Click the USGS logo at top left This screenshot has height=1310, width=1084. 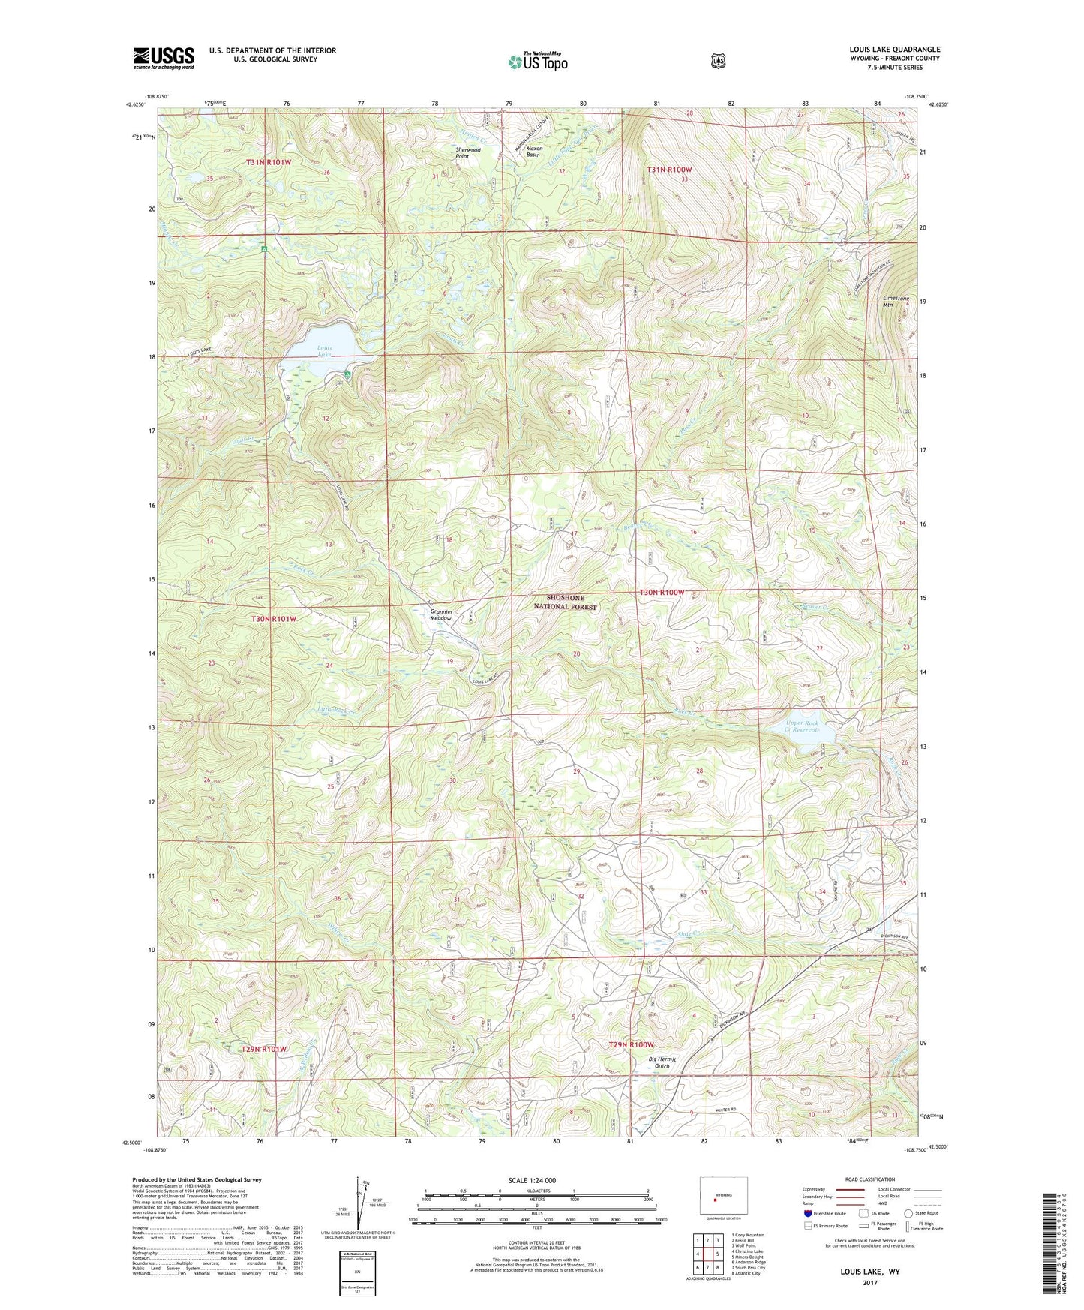pos(164,57)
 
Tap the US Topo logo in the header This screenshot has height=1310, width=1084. pos(537,62)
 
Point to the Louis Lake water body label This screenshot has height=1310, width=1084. pos(324,351)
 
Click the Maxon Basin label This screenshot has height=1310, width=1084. pos(534,152)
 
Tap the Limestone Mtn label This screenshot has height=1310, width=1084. pos(896,302)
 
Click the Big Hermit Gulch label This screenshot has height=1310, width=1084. pos(661,1062)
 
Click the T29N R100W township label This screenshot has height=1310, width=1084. pos(631,1044)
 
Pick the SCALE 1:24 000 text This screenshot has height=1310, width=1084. pos(532,1180)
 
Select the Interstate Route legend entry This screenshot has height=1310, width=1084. pos(824,1213)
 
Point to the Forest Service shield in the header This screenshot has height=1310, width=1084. pos(718,61)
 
